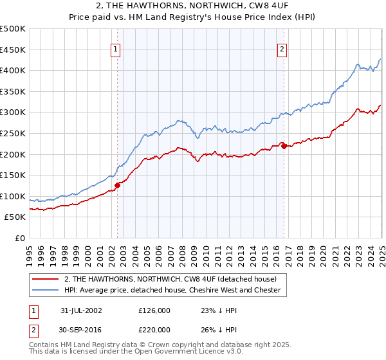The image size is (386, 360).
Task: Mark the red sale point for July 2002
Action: [118, 185]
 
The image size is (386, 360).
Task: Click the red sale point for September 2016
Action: [284, 146]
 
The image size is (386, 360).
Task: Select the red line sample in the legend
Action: [46, 279]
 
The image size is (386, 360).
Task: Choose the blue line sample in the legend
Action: [46, 290]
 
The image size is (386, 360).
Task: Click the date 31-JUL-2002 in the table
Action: [81, 310]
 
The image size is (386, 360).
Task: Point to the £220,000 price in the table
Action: [154, 329]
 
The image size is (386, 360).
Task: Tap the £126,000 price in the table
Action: [154, 310]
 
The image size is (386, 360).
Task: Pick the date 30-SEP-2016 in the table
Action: [81, 329]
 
